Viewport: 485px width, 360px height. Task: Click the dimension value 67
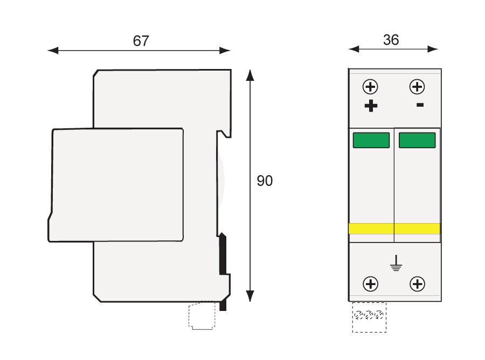[x=141, y=41]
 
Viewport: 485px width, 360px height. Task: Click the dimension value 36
[x=391, y=40]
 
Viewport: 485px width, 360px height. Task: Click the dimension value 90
[x=265, y=181]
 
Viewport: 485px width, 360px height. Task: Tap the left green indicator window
[x=371, y=140]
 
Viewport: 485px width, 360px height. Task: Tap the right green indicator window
[x=417, y=140]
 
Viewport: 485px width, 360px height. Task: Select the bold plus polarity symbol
[x=371, y=106]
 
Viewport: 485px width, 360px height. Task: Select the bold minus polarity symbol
[x=420, y=105]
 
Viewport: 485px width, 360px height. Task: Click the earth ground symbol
[x=396, y=263]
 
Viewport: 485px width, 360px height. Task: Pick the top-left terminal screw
[x=371, y=87]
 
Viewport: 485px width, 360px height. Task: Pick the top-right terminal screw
[x=417, y=87]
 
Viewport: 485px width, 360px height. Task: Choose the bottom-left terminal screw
[x=371, y=283]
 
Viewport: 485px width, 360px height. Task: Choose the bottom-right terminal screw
[x=417, y=283]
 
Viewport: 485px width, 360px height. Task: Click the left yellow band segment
[x=371, y=229]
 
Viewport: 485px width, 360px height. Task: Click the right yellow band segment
[x=418, y=229]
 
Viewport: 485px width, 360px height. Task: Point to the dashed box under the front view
[x=369, y=317]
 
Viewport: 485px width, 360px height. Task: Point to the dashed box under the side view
[x=202, y=316]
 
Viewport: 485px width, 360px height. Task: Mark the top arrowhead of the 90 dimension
[x=250, y=74]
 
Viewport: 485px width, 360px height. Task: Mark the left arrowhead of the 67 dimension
[x=53, y=51]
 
